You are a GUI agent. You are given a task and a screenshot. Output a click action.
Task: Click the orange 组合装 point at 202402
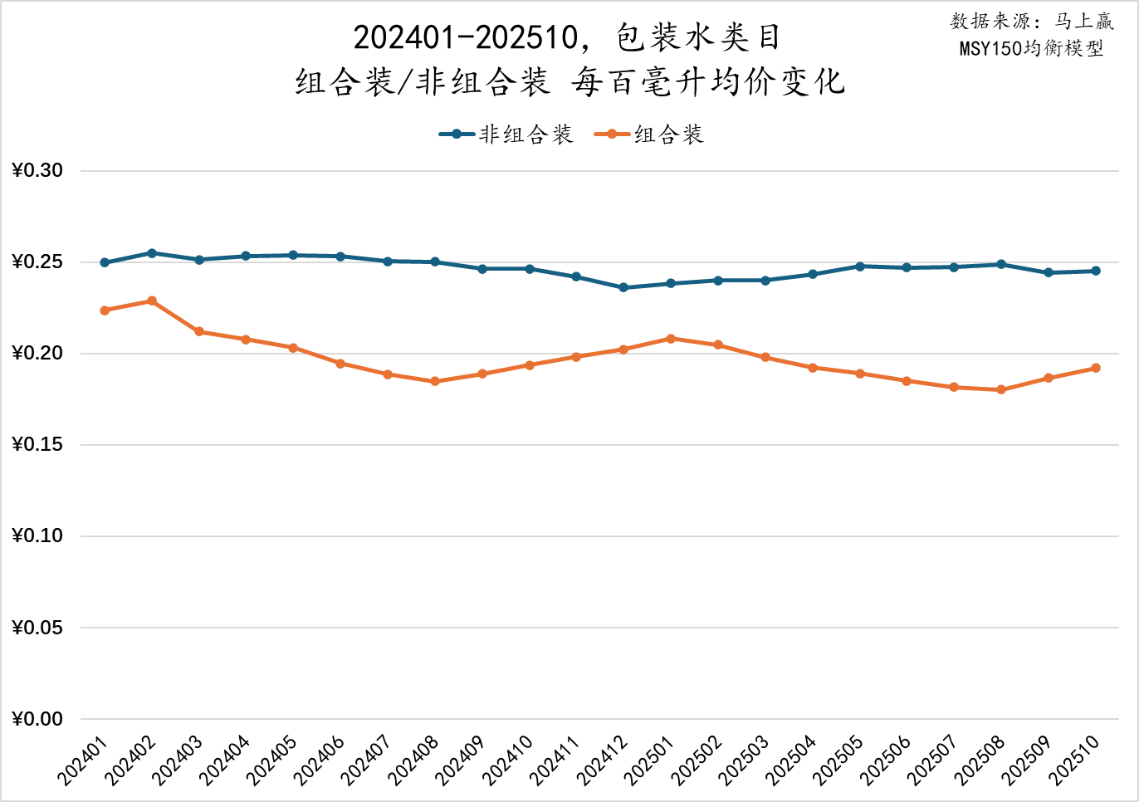point(152,301)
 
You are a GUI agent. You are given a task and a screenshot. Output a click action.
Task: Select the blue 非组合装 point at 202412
point(623,287)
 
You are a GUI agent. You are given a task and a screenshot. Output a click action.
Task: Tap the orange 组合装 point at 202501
point(671,339)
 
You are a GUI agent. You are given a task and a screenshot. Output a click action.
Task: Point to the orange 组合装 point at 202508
point(1001,389)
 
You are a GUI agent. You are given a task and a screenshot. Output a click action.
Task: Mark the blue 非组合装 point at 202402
point(152,253)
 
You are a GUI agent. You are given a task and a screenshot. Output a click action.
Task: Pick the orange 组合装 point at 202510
point(1096,368)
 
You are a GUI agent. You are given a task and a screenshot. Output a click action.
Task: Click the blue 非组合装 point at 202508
point(1001,264)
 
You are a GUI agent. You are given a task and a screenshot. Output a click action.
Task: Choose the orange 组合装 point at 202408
point(435,381)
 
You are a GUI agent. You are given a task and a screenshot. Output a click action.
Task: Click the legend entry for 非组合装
point(506,134)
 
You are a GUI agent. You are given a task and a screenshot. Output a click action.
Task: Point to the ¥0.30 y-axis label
point(37,171)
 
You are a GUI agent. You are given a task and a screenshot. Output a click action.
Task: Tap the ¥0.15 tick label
point(37,445)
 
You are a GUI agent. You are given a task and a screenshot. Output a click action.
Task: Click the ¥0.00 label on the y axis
point(37,719)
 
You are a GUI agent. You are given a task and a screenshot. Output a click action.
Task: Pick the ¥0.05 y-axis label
point(37,628)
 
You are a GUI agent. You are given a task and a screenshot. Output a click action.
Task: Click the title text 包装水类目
point(697,37)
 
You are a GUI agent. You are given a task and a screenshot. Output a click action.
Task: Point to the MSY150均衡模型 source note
point(1031,48)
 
